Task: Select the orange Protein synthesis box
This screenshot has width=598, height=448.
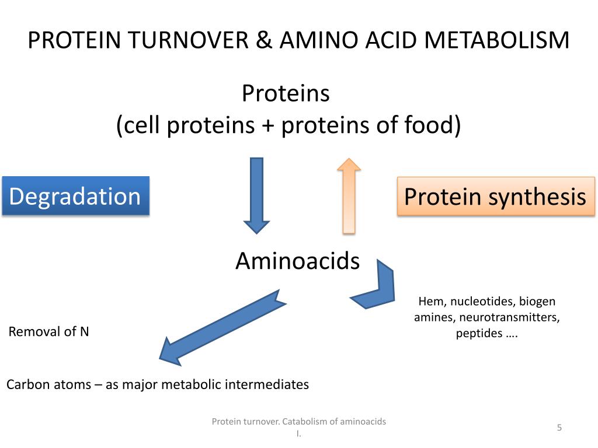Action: coord(495,197)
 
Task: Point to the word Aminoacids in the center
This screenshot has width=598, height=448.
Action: coord(297,261)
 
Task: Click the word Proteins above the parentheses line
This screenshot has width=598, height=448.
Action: coord(286,93)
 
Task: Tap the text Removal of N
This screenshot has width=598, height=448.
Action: coord(49,332)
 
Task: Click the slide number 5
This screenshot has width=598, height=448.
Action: coord(559,428)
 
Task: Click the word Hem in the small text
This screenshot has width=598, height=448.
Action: coord(430,302)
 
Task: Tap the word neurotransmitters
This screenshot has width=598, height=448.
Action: coord(509,318)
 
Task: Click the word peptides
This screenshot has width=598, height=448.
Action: coord(479,334)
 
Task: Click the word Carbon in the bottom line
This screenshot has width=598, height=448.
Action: coord(26,385)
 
